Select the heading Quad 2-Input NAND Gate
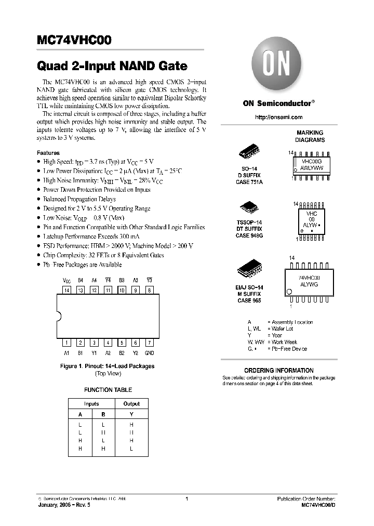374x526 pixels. [x=112, y=67]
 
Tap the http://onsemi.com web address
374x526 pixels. [x=278, y=117]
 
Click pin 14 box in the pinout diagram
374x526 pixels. [x=66, y=290]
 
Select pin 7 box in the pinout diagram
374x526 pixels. [x=149, y=343]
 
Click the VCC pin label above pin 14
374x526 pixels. [x=66, y=281]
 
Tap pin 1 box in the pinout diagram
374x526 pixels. [x=66, y=343]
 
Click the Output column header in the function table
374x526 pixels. [x=131, y=403]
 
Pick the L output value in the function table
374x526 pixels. [x=131, y=448]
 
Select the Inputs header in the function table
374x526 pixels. [x=91, y=403]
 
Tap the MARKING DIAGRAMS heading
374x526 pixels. [x=310, y=136]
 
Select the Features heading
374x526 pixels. [x=48, y=153]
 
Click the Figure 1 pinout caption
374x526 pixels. [x=108, y=366]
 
